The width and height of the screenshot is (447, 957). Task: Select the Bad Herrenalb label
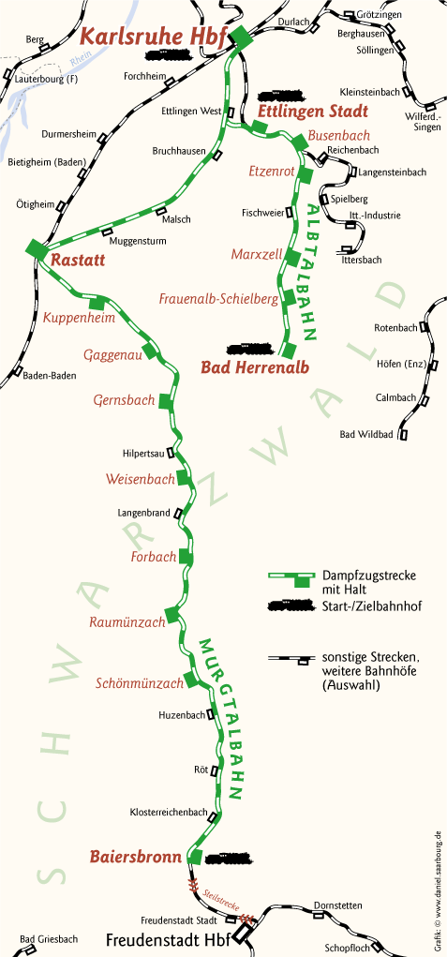coord(254,366)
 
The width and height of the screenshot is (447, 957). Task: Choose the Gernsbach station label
coord(124,400)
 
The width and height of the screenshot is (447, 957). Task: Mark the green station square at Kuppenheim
coord(97,303)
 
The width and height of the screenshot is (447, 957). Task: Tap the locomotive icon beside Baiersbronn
coord(231,857)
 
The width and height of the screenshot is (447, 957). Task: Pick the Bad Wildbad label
coord(365,434)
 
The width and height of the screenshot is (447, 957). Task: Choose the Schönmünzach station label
coord(140,683)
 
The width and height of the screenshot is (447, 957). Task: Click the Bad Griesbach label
coord(49,938)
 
